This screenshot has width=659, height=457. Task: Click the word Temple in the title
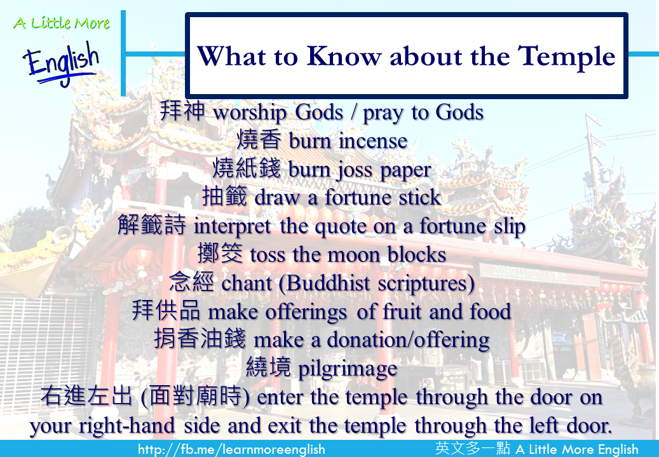pos(566,57)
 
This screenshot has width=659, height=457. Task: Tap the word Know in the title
pos(343,56)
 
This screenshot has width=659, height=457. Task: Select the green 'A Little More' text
pos(62,23)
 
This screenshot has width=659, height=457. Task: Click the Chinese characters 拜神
pos(182,111)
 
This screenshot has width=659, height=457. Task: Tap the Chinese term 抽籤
pos(224,197)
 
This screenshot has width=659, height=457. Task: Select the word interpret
pos(232,227)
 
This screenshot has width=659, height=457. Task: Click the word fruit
pos(402,311)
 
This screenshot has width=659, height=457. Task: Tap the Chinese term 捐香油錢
pos(200,338)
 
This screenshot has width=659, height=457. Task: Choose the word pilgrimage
pos(348,369)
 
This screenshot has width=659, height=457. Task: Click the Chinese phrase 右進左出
pos(86,396)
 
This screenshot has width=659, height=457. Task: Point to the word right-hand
pos(127,425)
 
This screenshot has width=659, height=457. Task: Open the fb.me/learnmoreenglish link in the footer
pos(231,449)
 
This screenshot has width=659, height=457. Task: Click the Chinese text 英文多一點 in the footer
pos(473,448)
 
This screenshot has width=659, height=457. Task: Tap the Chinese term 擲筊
pos(221,253)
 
